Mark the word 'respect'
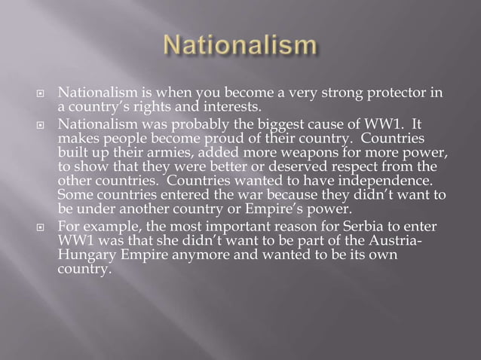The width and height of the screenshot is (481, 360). pos(360,167)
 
